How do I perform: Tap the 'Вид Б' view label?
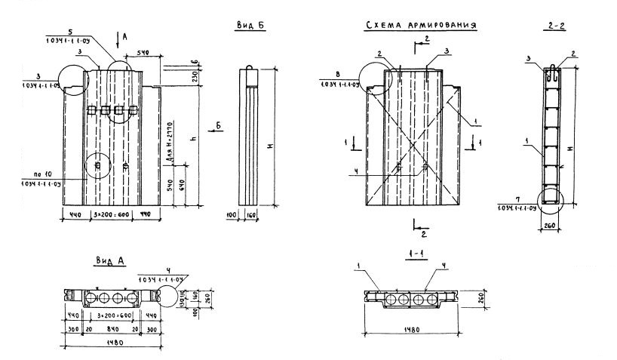coord(248,26)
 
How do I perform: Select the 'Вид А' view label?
coord(110,260)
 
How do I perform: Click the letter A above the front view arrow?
coord(124,36)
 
